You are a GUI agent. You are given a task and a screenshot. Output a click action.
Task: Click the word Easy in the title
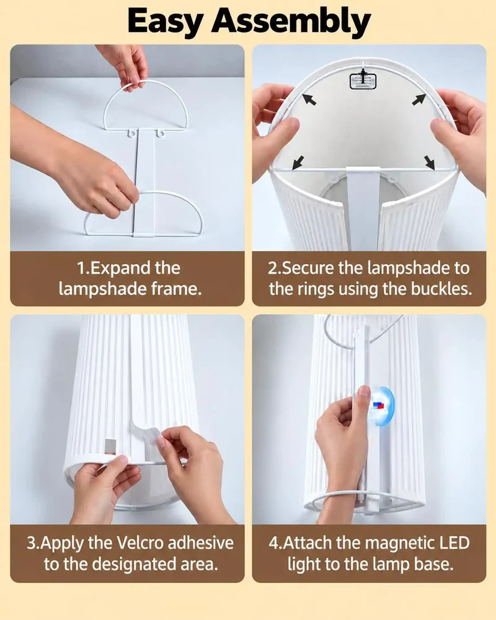tap(164, 22)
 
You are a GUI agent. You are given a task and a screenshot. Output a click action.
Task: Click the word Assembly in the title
tap(291, 22)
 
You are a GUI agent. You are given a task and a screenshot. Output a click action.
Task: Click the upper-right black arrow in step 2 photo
tap(418, 99)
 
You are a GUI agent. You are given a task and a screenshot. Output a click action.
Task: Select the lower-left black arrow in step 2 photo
tap(298, 162)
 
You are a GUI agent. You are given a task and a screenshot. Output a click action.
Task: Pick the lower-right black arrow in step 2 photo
tap(430, 162)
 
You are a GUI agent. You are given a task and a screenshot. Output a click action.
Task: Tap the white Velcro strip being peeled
tap(148, 434)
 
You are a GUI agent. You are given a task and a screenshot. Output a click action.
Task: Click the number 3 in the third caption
tap(31, 543)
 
